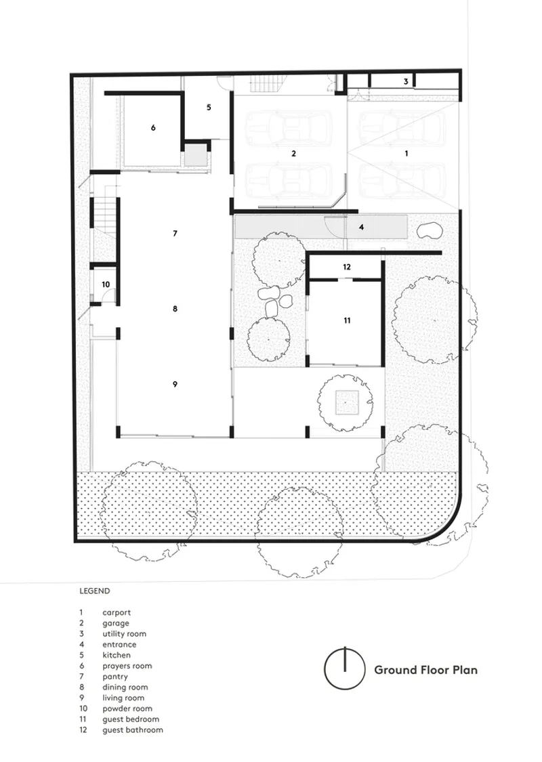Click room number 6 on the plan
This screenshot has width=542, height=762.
click(153, 128)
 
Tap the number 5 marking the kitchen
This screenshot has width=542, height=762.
click(209, 108)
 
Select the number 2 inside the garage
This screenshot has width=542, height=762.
click(293, 154)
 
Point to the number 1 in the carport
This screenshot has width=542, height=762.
click(406, 154)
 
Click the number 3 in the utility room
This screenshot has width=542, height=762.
click(406, 82)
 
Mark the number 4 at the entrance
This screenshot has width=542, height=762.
click(361, 228)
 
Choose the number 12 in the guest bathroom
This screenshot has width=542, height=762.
click(347, 267)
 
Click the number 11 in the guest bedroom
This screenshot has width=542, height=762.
click(347, 321)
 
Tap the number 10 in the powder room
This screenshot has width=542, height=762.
click(106, 284)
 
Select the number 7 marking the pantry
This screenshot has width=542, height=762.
click(175, 234)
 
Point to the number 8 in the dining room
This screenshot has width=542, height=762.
click(175, 309)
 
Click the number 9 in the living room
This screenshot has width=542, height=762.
click(175, 385)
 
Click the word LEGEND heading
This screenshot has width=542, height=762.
click(95, 591)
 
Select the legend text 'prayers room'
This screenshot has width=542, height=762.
click(127, 666)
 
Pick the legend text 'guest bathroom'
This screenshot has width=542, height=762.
click(133, 730)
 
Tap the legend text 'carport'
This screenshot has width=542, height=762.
click(117, 613)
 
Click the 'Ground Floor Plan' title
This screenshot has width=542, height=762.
click(426, 670)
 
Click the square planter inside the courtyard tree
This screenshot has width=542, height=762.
click(345, 402)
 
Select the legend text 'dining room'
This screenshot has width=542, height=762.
click(125, 687)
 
